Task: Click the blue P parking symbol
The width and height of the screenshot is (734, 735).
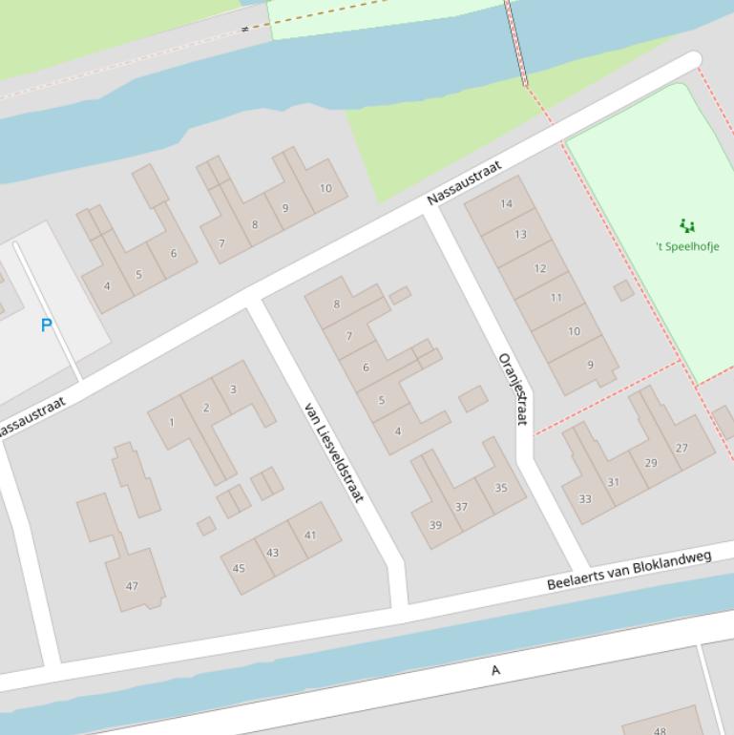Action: (x=46, y=325)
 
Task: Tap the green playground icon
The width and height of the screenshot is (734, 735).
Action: (x=686, y=226)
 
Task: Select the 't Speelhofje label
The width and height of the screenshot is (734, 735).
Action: (x=687, y=246)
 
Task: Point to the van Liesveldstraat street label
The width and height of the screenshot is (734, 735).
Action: (x=333, y=452)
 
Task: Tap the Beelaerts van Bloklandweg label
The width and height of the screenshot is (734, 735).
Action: (x=629, y=570)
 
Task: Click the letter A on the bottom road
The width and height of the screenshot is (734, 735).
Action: (x=495, y=671)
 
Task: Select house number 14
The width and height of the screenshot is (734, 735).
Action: (x=506, y=203)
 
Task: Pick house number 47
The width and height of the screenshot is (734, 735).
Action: (x=132, y=586)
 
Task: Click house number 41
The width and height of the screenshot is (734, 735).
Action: (x=310, y=535)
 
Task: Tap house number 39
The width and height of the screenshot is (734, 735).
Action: (x=435, y=525)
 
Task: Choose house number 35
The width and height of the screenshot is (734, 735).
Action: (x=501, y=488)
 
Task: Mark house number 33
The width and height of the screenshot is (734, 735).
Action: (x=584, y=498)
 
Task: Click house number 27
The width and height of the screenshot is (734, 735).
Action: (x=682, y=448)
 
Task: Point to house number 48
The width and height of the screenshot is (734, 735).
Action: (x=661, y=731)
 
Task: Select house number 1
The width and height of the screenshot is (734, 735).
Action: (x=172, y=422)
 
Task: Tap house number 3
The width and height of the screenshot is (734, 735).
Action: (x=233, y=389)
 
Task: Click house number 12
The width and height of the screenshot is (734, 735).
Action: (x=539, y=268)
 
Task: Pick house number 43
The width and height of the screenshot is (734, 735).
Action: (x=273, y=553)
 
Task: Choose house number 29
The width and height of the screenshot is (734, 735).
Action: (x=650, y=463)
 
